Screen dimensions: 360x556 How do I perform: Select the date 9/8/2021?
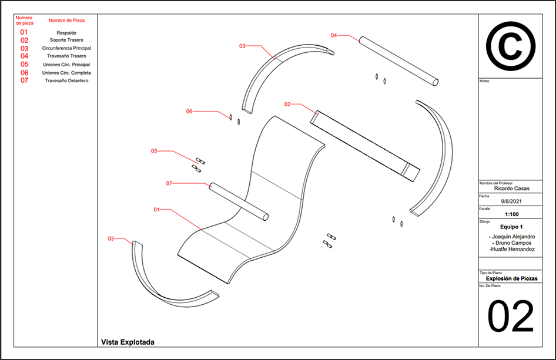click(x=510, y=201)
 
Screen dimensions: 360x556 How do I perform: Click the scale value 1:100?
click(x=510, y=214)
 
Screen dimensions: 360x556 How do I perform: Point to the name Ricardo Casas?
click(x=510, y=189)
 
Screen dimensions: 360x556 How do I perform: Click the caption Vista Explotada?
click(x=128, y=341)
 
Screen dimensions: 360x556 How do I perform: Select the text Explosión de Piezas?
click(x=510, y=278)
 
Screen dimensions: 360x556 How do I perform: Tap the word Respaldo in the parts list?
click(x=66, y=33)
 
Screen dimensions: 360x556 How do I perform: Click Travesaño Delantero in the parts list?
click(x=66, y=80)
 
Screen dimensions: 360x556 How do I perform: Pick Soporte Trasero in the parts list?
click(x=66, y=41)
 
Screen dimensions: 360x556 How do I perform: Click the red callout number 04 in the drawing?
click(x=334, y=36)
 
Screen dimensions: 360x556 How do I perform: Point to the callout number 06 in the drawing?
click(x=189, y=111)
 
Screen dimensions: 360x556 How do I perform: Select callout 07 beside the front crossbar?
click(x=169, y=183)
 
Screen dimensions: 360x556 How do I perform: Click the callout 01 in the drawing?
click(x=157, y=209)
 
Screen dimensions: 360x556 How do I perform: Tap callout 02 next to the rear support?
click(x=287, y=105)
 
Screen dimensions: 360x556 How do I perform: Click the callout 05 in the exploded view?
click(x=154, y=151)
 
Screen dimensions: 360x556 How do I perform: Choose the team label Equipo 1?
click(x=510, y=227)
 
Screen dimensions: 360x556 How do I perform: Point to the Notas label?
click(x=485, y=81)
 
